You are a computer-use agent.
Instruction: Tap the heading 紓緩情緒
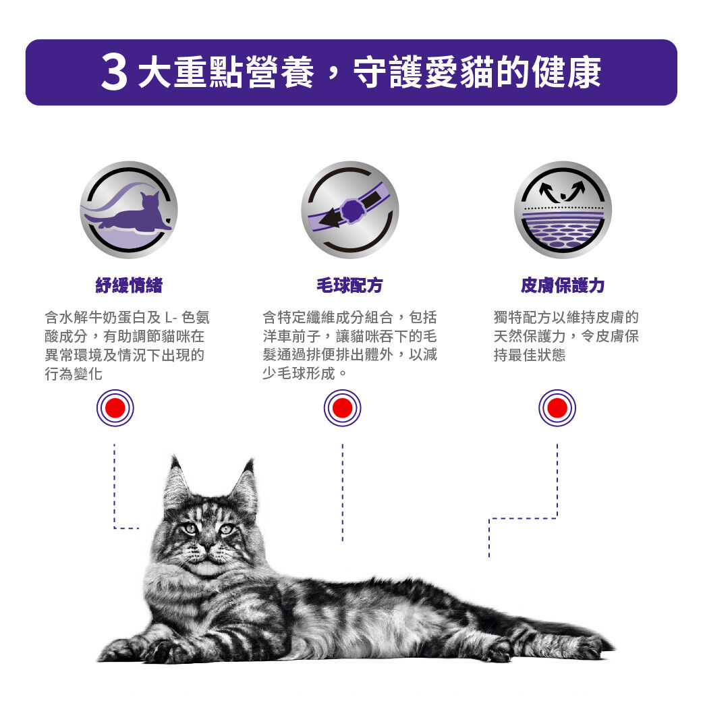pos(129,285)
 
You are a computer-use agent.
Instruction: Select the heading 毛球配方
pos(349,285)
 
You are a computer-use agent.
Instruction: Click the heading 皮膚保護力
pos(563,285)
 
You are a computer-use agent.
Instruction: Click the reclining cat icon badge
pos(129,210)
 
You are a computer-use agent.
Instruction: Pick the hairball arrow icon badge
pos(349,210)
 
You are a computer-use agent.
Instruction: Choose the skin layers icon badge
pos(563,210)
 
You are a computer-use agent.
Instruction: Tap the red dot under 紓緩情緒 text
pos(115,408)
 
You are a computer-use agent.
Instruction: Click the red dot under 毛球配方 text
pos(343,408)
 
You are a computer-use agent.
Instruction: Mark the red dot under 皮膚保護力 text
pos(557,408)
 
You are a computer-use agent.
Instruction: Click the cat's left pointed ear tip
pos(173,457)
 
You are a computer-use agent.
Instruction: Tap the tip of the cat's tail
pos(612,648)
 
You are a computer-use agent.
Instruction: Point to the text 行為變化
pos(74,374)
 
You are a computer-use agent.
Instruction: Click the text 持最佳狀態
pos(530,355)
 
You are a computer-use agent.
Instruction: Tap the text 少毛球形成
pos(299,373)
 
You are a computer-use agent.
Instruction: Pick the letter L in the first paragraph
pos(168,318)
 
